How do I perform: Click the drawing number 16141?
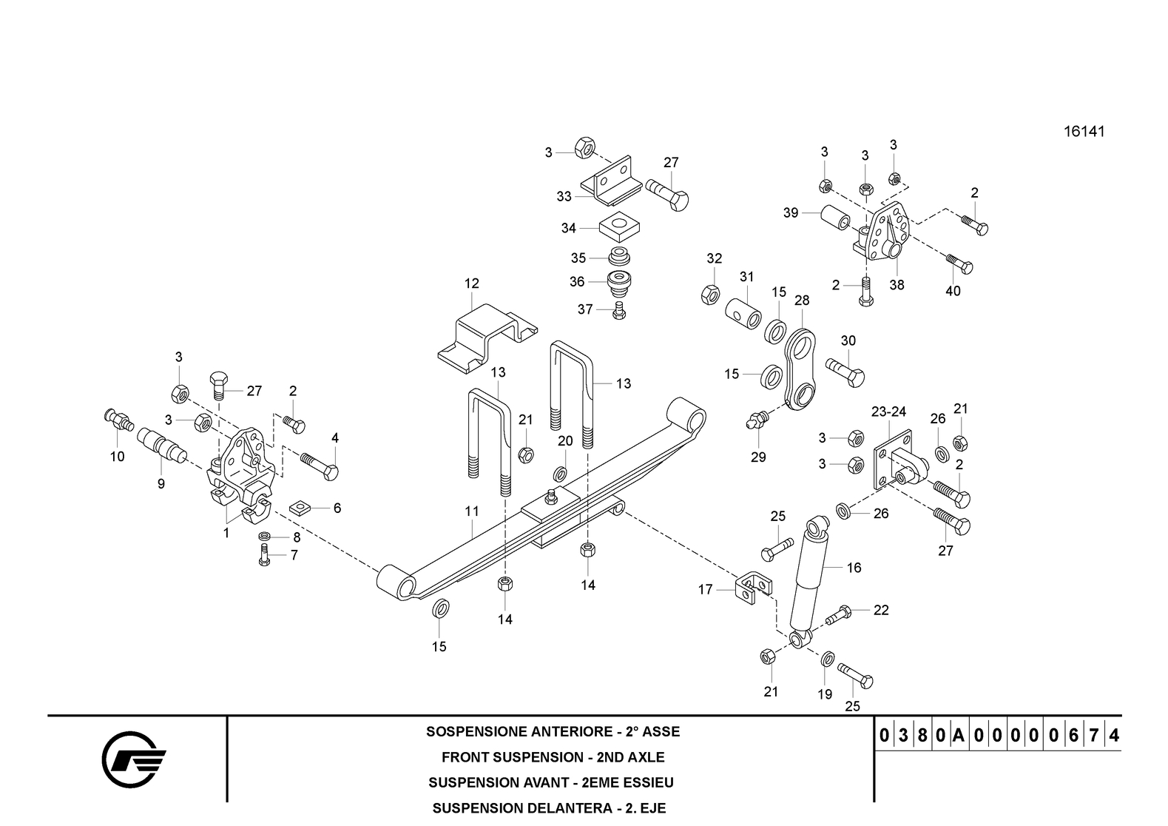pos(1084,132)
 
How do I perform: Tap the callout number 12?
pos(471,283)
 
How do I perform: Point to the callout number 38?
pos(897,284)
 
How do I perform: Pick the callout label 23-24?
pos(888,412)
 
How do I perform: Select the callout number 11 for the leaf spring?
pos(472,511)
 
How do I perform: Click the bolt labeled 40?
pos(960,263)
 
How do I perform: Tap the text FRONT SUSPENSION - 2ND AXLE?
pos(553,757)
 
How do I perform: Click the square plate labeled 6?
pos(300,508)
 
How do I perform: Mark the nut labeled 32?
pos(711,295)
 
